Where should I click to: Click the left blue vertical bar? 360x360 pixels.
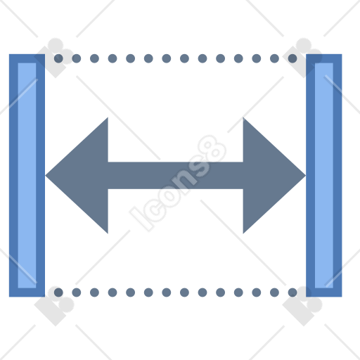27,176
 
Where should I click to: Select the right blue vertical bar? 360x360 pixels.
324,176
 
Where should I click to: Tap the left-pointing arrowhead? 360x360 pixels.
77,176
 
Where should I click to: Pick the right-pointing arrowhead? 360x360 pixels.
274,176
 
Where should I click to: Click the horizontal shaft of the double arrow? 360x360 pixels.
176,176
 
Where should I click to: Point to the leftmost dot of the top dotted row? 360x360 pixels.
58,58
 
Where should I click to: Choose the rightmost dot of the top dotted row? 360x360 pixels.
292,58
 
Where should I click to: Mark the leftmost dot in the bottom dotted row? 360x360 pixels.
58,292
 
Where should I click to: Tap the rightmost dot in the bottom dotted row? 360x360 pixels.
292,292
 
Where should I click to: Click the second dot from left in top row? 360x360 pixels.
77,58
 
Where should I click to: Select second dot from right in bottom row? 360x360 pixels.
274,292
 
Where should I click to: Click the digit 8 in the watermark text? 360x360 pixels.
212,148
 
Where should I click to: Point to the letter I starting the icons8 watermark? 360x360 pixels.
141,219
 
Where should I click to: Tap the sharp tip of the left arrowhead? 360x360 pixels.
46,176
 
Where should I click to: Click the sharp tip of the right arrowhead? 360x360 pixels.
306,176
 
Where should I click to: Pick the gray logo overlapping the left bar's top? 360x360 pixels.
54,58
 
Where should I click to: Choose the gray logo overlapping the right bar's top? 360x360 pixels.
302,58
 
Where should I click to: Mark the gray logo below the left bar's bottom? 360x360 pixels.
54,306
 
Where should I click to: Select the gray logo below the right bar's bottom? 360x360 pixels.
302,306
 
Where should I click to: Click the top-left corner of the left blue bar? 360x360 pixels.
9,54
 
